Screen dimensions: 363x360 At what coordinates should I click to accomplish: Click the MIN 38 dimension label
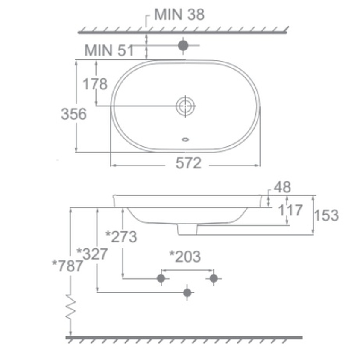[179, 15]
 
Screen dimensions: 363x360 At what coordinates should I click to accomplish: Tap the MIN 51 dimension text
[109, 50]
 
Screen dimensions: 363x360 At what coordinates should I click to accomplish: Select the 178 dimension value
[95, 84]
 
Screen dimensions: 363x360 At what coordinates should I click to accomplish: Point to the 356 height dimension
[74, 114]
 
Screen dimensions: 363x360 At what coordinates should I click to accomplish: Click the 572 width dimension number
[189, 163]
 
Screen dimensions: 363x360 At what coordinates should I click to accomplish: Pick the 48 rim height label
[282, 187]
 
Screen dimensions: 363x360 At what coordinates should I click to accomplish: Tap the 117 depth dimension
[290, 210]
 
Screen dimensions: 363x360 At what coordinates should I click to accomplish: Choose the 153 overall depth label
[326, 215]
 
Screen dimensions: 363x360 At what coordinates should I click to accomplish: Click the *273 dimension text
[121, 237]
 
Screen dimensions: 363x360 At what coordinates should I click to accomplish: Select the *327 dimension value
[92, 254]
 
